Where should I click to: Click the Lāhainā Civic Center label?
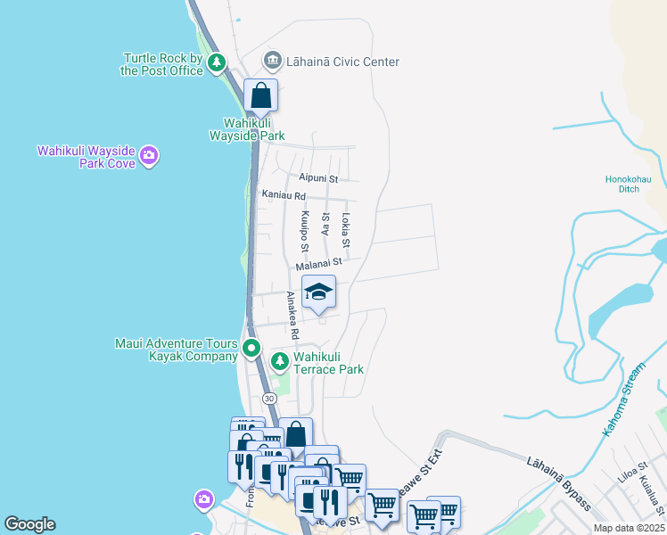coord(342,62)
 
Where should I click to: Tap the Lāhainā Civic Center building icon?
coord(272,62)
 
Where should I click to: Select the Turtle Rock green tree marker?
coord(217,62)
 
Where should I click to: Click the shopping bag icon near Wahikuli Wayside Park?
coord(260,95)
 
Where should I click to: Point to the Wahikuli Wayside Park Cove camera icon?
coord(149,157)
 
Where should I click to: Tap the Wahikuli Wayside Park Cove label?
coord(86,157)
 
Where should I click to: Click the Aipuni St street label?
coord(318,178)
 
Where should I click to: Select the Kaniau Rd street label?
coord(284,194)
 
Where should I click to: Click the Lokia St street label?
coord(346,230)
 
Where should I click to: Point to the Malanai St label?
coord(319,263)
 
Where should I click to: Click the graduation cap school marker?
coord(318,292)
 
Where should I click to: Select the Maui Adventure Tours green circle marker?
coord(252,349)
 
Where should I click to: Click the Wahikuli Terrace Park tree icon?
coord(279,360)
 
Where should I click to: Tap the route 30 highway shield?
coord(268,399)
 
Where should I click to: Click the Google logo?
coord(29,524)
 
